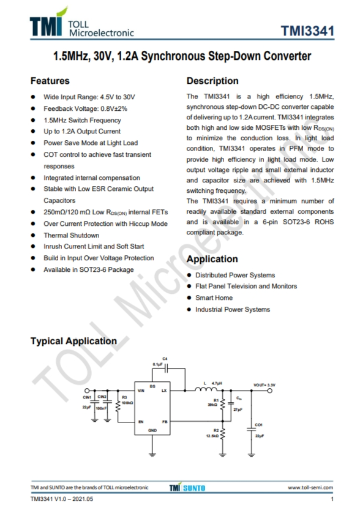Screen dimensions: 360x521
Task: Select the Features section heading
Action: coord(50,81)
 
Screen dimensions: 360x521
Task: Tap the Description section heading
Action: coord(212,81)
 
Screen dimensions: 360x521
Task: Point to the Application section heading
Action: coord(212,259)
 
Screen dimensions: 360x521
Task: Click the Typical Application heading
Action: coord(73,341)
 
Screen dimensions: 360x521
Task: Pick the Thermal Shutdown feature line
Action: coord(71,235)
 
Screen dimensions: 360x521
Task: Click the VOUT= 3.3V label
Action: coord(264,384)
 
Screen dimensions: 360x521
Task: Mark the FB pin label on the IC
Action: coord(164,422)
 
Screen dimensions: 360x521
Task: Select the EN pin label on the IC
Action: coord(141,422)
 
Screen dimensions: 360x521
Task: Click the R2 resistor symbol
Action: coord(223,435)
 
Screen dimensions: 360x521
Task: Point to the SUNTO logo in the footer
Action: coord(195,487)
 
